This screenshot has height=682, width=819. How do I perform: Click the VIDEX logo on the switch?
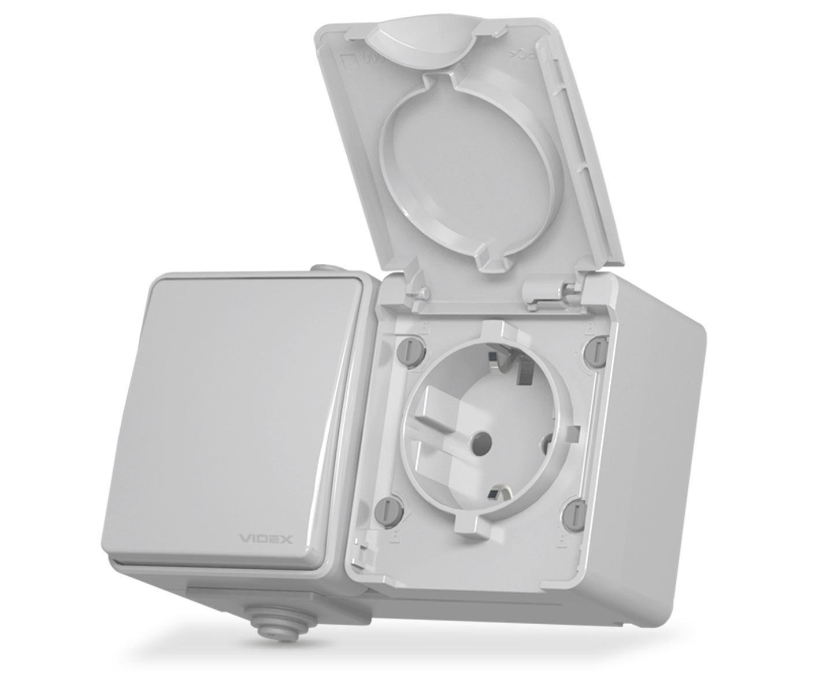tap(266, 539)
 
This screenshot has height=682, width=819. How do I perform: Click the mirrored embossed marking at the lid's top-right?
tap(520, 55)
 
